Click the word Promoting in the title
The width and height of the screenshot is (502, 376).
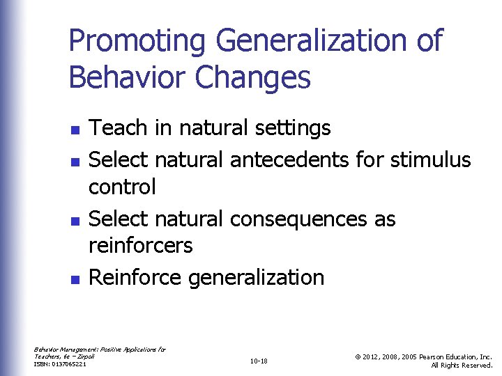click(x=137, y=41)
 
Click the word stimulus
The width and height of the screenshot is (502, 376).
click(x=431, y=159)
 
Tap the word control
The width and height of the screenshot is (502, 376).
click(x=122, y=187)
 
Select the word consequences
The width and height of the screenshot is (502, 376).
click(x=298, y=219)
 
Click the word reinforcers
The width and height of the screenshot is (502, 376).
click(x=141, y=246)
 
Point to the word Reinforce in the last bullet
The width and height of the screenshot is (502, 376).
click(x=137, y=277)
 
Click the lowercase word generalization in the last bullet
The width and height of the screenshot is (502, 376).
click(x=257, y=277)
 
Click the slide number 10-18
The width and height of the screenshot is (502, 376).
click(x=258, y=361)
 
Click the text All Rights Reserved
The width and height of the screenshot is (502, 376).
click(x=462, y=366)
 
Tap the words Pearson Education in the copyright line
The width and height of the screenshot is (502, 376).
click(x=448, y=357)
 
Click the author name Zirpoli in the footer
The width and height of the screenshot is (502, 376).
click(x=86, y=356)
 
